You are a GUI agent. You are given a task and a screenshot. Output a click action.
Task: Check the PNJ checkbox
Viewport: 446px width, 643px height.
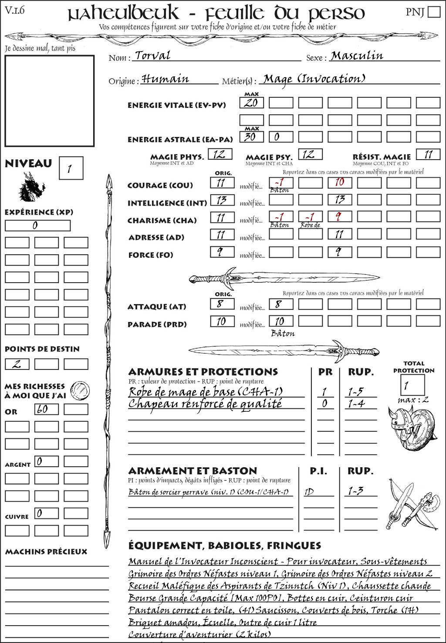434,12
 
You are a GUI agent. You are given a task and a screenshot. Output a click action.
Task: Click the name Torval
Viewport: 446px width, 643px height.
152,55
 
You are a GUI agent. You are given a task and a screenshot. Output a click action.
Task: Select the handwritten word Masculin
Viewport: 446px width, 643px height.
357,56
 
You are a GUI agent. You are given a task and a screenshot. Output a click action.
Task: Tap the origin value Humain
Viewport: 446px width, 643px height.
165,79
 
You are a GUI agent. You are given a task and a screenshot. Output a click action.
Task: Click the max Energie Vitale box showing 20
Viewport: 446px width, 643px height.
251,103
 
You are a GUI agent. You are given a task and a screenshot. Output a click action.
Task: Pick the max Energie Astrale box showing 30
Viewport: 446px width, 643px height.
251,137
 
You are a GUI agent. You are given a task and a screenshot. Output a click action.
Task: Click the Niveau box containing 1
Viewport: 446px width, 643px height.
71,168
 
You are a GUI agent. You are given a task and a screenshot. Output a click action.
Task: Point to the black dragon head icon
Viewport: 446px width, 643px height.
32,187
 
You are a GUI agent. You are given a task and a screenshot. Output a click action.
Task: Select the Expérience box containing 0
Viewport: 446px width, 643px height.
37,226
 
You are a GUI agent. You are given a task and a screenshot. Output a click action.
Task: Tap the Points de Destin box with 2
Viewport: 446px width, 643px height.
17,364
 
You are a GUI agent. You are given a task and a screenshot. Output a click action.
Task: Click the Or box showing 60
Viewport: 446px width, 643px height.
46,409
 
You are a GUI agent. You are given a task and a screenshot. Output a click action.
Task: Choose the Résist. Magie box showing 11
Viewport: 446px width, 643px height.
428,154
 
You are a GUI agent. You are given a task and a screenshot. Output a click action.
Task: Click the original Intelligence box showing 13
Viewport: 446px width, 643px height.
222,200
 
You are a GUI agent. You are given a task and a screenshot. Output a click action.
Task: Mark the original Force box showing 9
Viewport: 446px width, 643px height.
222,252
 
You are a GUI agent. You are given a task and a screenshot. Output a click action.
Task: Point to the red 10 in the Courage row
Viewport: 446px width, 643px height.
340,182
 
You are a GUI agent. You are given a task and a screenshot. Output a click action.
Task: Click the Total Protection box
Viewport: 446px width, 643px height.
412,385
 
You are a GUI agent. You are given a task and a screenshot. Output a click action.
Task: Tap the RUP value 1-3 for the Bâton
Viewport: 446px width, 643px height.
356,491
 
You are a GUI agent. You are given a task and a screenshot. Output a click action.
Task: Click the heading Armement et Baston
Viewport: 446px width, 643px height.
193,471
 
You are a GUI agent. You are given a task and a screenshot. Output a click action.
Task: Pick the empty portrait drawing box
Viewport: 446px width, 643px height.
49,101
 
